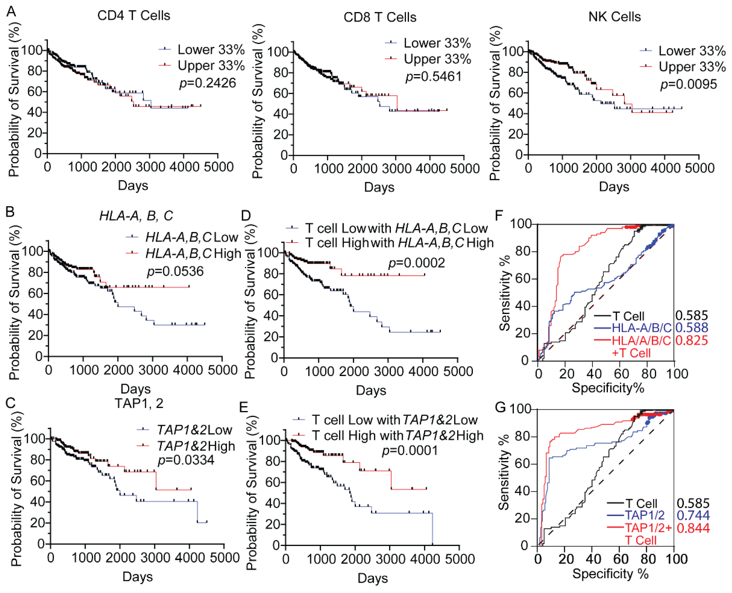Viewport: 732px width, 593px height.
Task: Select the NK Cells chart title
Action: (614, 17)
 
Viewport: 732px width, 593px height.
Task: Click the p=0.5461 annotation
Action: (433, 76)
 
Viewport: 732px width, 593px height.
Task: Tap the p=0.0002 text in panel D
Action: (417, 263)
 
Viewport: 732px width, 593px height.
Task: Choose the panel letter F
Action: (499, 216)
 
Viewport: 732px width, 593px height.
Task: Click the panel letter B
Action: (10, 212)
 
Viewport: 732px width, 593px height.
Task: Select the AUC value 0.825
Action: (691, 340)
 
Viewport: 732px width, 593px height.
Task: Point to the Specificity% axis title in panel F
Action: (608, 388)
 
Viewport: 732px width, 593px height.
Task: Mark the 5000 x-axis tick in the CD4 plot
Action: (218, 167)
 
